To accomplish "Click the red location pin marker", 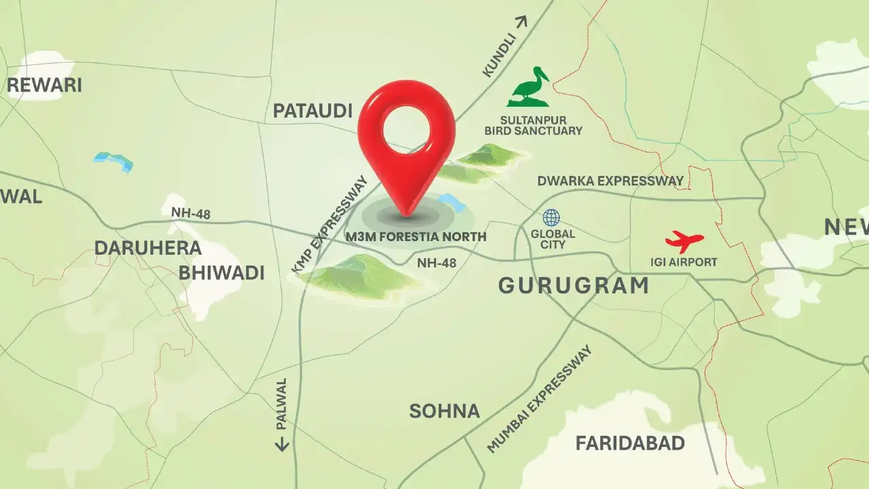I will click(406, 129).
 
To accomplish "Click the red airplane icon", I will click(684, 241).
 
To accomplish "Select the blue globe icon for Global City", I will click(551, 217).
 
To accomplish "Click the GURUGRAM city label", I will click(574, 286).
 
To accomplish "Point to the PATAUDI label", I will click(312, 111).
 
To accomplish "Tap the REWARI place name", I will click(44, 86).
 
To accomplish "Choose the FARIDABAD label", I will click(630, 443).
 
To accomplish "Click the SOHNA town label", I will click(444, 411).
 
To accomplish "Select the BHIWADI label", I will click(221, 273).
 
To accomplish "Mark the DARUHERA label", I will click(147, 248).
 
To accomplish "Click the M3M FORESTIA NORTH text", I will click(416, 237).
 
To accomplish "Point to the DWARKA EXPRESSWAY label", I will click(610, 181).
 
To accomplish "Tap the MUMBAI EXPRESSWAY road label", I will click(540, 399).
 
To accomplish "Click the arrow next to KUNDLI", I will click(521, 22).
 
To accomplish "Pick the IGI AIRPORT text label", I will click(684, 262).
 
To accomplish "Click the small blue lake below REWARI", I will click(113, 161).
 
